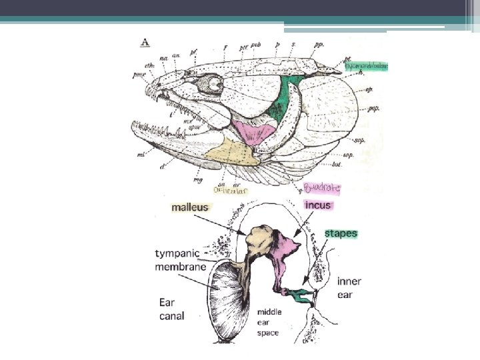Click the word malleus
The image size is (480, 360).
(190, 207)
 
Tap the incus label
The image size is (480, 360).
(318, 205)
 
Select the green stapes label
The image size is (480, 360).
(341, 234)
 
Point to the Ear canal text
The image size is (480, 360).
(172, 309)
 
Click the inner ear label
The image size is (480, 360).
(349, 288)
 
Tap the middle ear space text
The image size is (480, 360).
(270, 322)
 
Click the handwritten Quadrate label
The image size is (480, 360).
(321, 189)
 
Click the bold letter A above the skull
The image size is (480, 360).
(145, 42)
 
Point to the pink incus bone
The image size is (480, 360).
(284, 251)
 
